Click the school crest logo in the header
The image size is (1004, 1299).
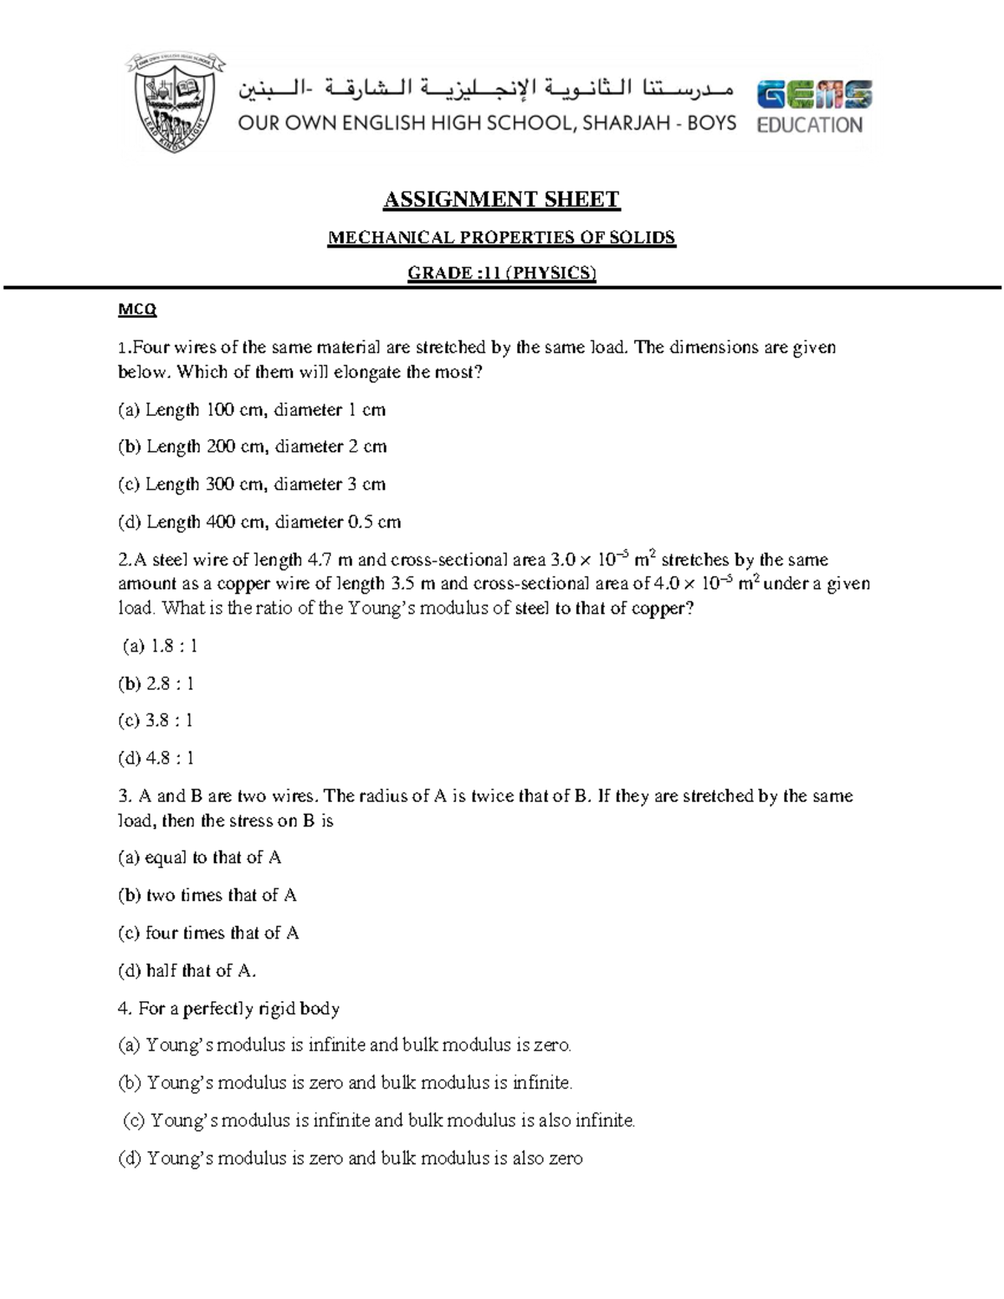pyautogui.click(x=175, y=103)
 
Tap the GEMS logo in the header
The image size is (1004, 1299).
pyautogui.click(x=814, y=95)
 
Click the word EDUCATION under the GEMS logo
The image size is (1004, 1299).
pyautogui.click(x=809, y=125)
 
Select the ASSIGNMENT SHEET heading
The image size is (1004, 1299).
pyautogui.click(x=501, y=199)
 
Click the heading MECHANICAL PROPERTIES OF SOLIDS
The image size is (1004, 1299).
pyautogui.click(x=501, y=238)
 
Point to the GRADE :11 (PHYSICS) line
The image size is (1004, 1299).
pyautogui.click(x=501, y=273)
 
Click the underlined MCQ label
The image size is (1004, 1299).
pyautogui.click(x=137, y=310)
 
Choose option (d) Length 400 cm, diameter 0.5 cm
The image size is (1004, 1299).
pyautogui.click(x=259, y=522)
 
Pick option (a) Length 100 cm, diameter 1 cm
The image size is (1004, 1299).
pyautogui.click(x=252, y=410)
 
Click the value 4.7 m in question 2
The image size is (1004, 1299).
pyautogui.click(x=325, y=560)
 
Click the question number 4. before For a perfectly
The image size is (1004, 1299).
pyautogui.click(x=125, y=1009)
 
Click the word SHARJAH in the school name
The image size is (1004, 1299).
pyautogui.click(x=630, y=124)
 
